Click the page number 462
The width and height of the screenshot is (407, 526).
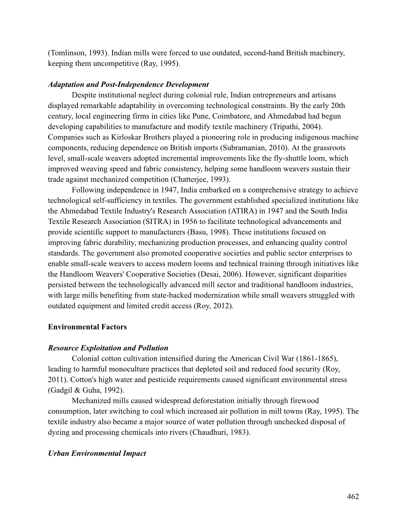[x=353, y=496]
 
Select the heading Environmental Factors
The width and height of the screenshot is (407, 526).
[x=87, y=327]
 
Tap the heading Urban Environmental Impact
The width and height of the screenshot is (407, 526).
[x=97, y=453]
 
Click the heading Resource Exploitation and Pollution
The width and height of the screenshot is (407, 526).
[x=108, y=348]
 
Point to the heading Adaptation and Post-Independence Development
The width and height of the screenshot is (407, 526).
[x=128, y=84]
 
